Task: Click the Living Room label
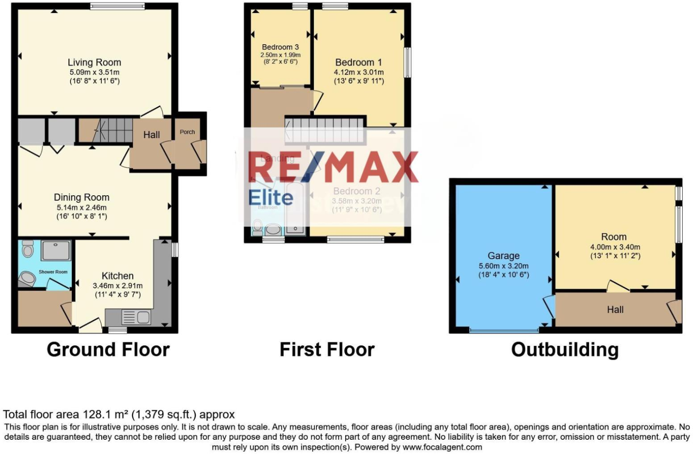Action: pos(94,63)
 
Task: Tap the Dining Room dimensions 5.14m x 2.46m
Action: pos(81,207)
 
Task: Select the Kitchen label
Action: pos(117,276)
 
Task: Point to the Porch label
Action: pos(187,132)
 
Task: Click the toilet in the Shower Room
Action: pos(28,249)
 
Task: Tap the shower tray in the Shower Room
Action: pos(56,250)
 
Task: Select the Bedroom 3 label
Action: pos(280,47)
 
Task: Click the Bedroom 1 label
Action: pos(359,63)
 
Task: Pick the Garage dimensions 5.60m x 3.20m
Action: pos(503,266)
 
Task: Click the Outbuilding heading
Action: pos(565,349)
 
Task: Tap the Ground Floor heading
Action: pos(108,349)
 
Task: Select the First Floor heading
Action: pos(327,349)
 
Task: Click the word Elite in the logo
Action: pos(271,198)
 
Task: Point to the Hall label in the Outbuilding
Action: pos(615,310)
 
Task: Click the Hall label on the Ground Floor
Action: pos(151,135)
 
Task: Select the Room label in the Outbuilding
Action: pos(614,237)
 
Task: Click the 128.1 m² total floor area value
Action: pos(106,414)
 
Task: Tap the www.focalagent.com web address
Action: pos(442,447)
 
